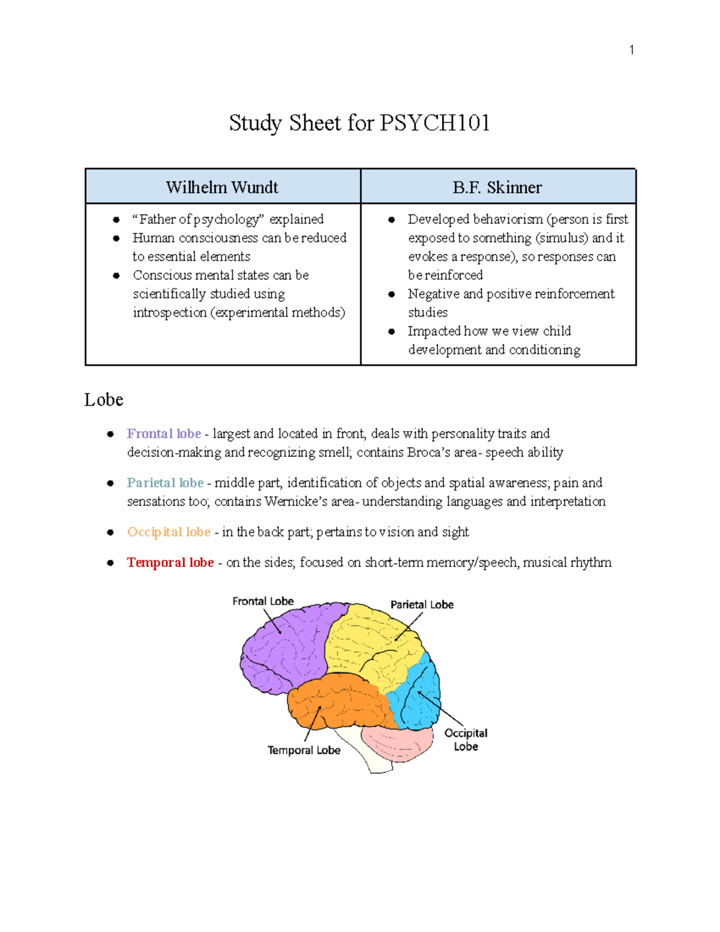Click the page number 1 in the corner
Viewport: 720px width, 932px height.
tap(632, 50)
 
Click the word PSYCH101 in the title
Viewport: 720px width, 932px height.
tap(435, 123)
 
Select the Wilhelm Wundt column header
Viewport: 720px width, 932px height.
tap(222, 187)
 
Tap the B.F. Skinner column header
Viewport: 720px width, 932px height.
tap(497, 187)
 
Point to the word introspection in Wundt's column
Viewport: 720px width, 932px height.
tap(170, 313)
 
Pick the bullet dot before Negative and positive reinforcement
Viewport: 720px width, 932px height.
tap(391, 294)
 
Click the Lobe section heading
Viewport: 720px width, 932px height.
tap(104, 400)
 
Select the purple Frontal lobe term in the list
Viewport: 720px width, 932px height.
tap(164, 434)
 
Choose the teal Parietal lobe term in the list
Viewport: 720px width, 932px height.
tap(165, 483)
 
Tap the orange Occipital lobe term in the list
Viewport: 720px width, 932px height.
tap(169, 532)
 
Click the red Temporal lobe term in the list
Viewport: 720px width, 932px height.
tap(170, 563)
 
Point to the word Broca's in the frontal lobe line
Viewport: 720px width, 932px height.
tap(428, 452)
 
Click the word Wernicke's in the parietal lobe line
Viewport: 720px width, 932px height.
tap(296, 502)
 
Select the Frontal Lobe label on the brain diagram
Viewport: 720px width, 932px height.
tap(263, 601)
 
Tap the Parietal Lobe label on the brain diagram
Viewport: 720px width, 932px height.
tap(422, 605)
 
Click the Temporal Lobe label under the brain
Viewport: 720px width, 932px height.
tap(304, 750)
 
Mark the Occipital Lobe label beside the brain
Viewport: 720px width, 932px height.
tap(466, 739)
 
